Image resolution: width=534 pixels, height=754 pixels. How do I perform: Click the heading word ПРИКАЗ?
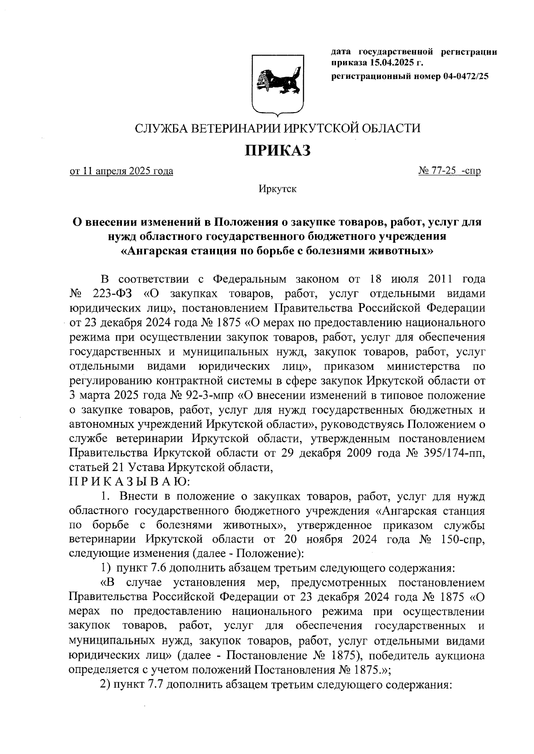[x=278, y=150]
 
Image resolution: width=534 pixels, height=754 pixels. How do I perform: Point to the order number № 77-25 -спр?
[x=449, y=171]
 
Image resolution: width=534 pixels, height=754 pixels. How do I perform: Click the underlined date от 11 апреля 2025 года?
[x=121, y=171]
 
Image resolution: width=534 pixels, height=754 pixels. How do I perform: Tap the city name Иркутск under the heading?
[x=278, y=189]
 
